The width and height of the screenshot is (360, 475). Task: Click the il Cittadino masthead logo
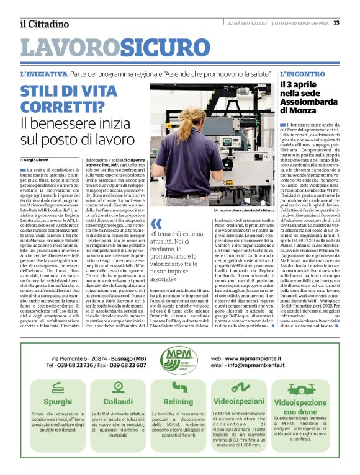(x=43, y=24)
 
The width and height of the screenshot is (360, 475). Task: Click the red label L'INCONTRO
(x=302, y=73)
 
